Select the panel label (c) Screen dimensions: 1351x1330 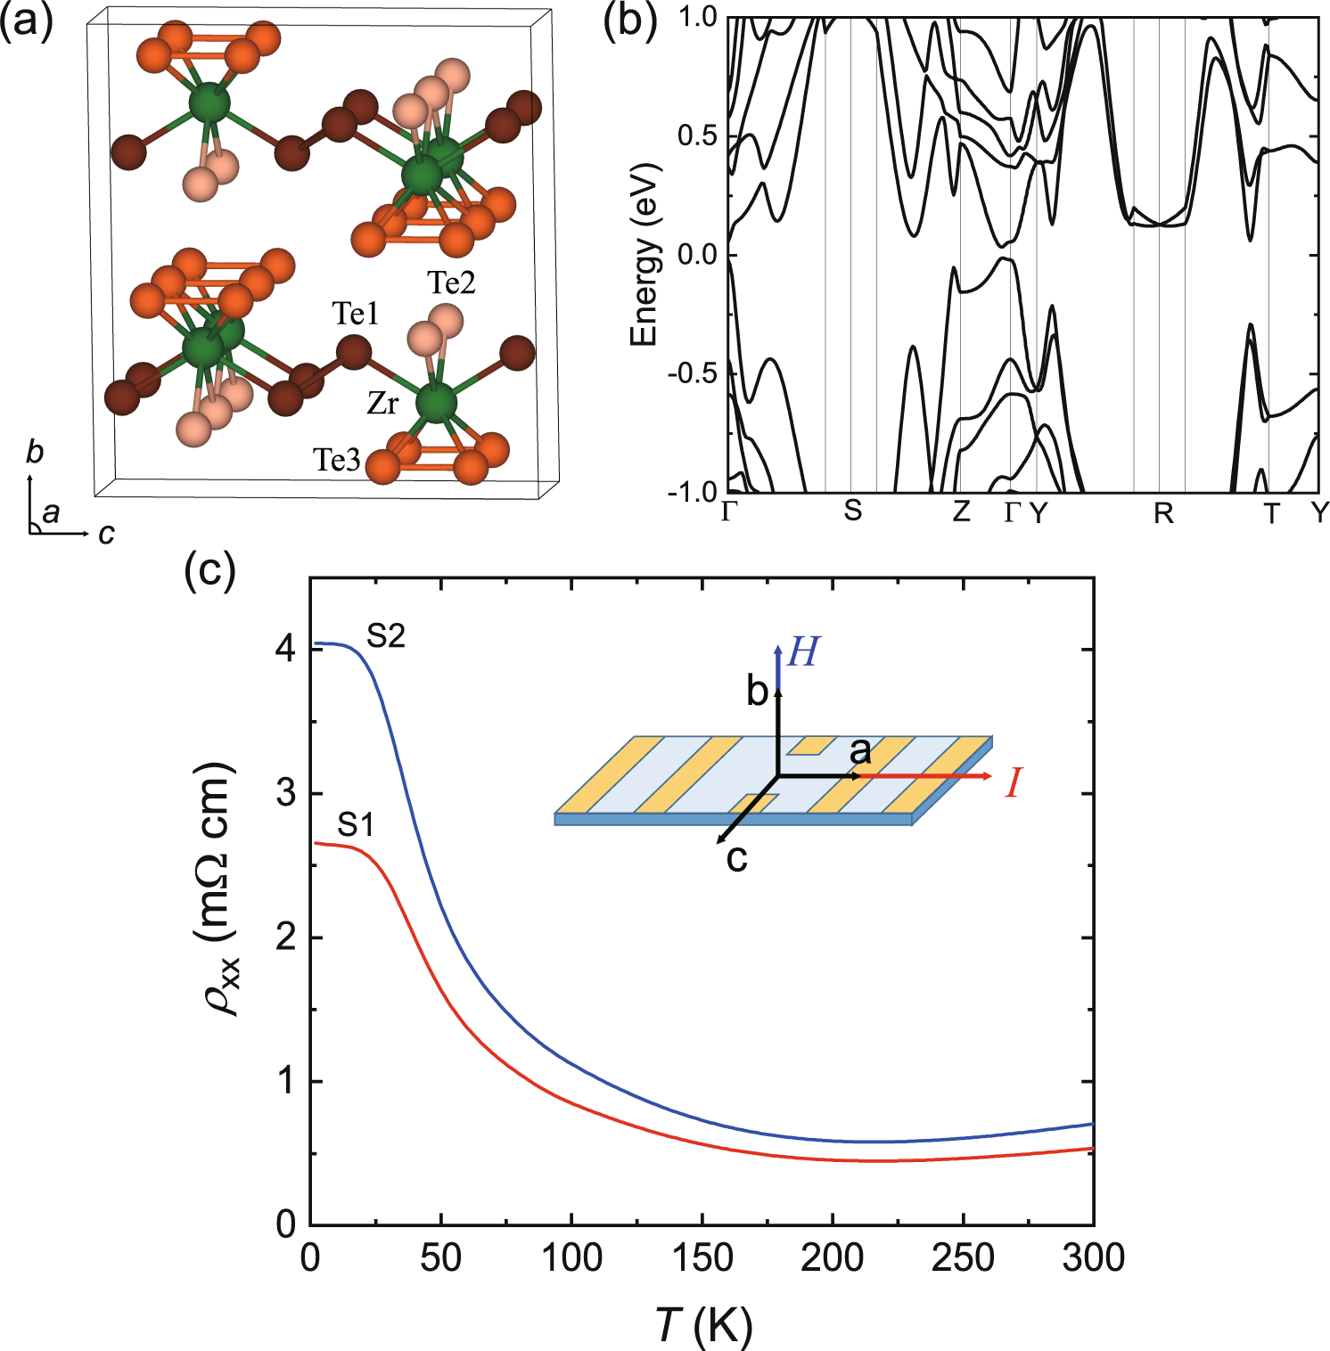(x=209, y=569)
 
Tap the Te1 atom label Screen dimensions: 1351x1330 (x=356, y=314)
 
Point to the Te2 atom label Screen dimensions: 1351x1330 (x=451, y=282)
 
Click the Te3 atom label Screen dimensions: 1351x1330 (x=336, y=460)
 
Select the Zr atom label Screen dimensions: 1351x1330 (x=382, y=404)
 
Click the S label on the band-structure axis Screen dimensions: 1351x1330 (x=853, y=511)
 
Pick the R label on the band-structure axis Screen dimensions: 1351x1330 (x=1163, y=513)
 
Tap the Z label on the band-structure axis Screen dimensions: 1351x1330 (x=961, y=512)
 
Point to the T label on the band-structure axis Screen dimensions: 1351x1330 (x=1271, y=513)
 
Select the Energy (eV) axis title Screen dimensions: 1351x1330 (x=644, y=255)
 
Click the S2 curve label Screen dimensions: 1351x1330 (x=386, y=636)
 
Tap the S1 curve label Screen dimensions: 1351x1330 (x=356, y=825)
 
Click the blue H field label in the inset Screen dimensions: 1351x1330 (x=803, y=653)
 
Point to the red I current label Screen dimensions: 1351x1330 (x=1013, y=783)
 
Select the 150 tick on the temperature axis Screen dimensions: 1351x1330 (x=702, y=1258)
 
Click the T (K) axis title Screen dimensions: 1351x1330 (x=703, y=1325)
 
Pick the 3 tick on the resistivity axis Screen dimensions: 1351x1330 (x=286, y=793)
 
